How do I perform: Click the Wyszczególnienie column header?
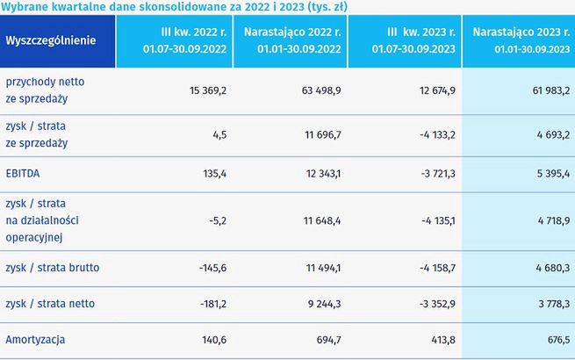point(50,40)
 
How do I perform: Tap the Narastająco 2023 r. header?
point(521,41)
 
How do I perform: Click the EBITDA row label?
point(25,175)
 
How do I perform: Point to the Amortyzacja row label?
point(36,337)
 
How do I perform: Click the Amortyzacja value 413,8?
point(437,337)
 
